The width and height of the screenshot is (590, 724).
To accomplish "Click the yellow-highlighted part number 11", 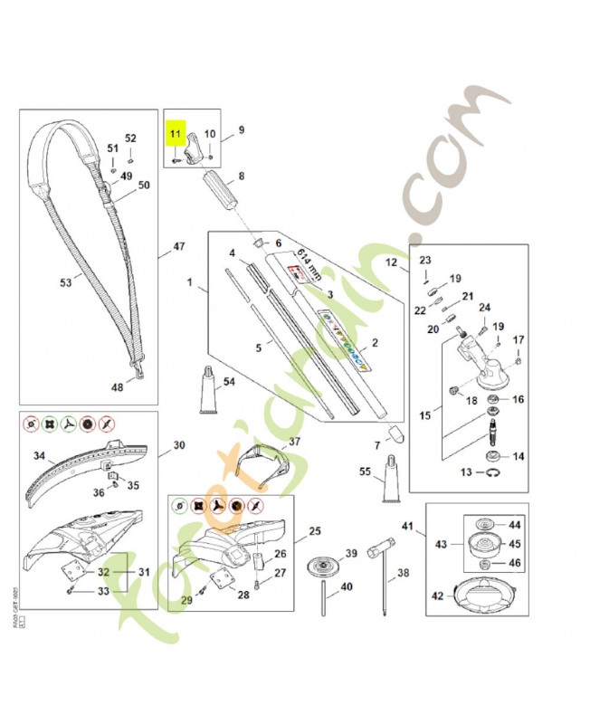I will click(x=176, y=134).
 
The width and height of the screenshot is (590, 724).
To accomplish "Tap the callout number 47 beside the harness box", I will click(x=178, y=245).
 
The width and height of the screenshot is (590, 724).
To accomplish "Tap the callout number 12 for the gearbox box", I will click(x=392, y=263).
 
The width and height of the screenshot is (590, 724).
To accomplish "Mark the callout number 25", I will click(x=314, y=530).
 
